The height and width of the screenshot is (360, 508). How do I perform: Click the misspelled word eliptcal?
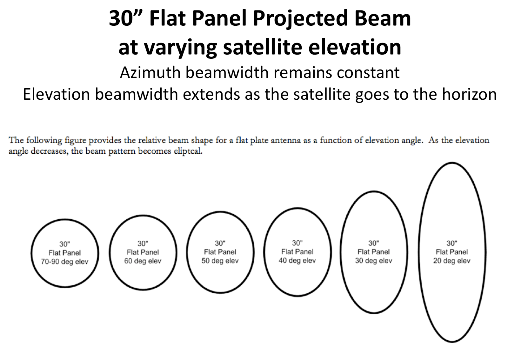click(188, 151)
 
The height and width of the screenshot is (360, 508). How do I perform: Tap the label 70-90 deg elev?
click(64, 262)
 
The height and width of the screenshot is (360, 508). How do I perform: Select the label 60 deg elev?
click(143, 261)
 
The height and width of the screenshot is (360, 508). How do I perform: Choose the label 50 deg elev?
click(220, 261)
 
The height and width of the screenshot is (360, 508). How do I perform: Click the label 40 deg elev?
click(297, 261)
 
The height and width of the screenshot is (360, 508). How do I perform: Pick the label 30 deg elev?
click(373, 261)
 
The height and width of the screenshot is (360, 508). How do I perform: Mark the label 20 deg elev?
click(451, 261)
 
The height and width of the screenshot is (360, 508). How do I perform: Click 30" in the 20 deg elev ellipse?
click(451, 243)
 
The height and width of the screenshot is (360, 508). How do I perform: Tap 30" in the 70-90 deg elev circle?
click(64, 244)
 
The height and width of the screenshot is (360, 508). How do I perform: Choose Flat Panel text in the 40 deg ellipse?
click(297, 252)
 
